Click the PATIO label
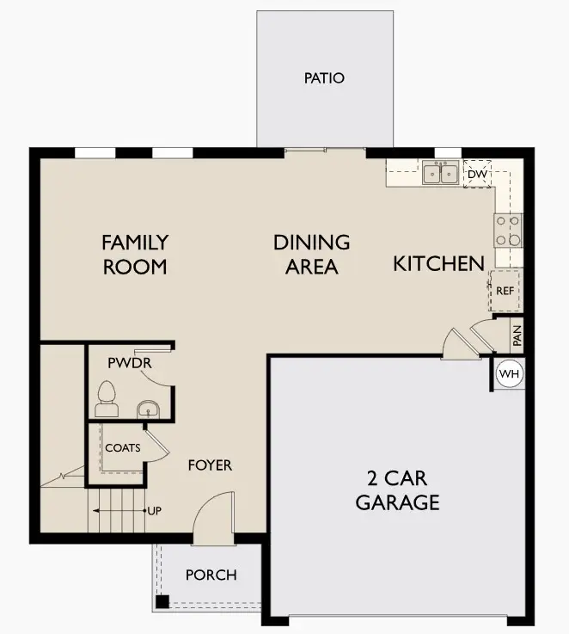(x=324, y=78)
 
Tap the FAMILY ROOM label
(x=135, y=255)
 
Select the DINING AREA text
(x=312, y=255)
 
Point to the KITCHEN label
(x=438, y=264)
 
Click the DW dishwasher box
(x=477, y=174)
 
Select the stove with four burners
(x=507, y=228)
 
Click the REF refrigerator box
(x=505, y=291)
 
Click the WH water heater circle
(x=510, y=374)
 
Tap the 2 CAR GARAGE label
(x=398, y=490)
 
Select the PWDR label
(x=130, y=363)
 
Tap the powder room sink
(x=149, y=408)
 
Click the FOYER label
(x=210, y=465)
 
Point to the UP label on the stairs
(x=155, y=511)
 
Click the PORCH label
(x=211, y=575)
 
